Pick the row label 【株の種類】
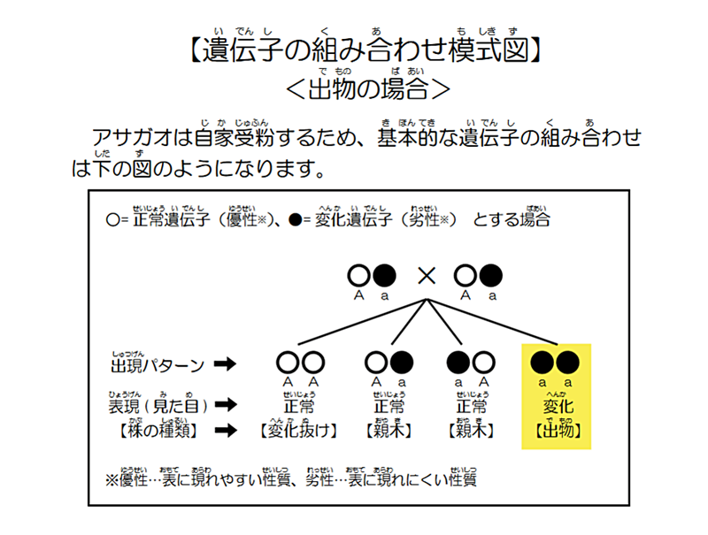(155, 431)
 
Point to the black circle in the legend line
(296, 218)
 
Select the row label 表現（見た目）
(158, 406)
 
